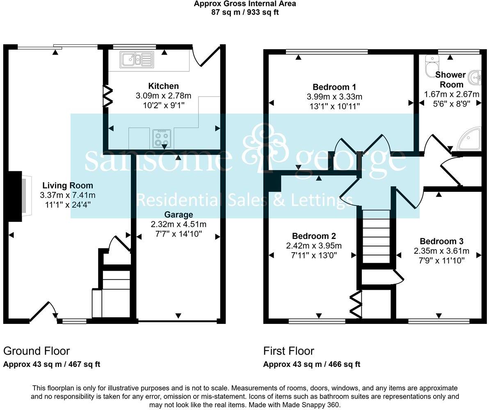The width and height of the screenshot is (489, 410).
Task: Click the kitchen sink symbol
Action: coord(137,59)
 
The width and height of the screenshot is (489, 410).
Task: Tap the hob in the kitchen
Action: coord(161,138)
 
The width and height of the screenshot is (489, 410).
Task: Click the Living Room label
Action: coord(68,186)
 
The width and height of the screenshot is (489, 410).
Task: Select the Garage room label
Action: coord(178,214)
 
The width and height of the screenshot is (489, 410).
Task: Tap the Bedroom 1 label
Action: coord(334,87)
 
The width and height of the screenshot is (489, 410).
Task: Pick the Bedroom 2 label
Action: coord(314,236)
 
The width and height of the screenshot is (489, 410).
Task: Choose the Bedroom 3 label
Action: coord(441,241)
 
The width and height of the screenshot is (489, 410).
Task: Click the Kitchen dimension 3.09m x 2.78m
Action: coord(163,96)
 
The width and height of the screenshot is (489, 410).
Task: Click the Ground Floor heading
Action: coord(37,351)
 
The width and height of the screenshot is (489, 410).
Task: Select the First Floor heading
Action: coord(288,351)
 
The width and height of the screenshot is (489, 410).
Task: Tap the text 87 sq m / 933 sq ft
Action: coord(244,12)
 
